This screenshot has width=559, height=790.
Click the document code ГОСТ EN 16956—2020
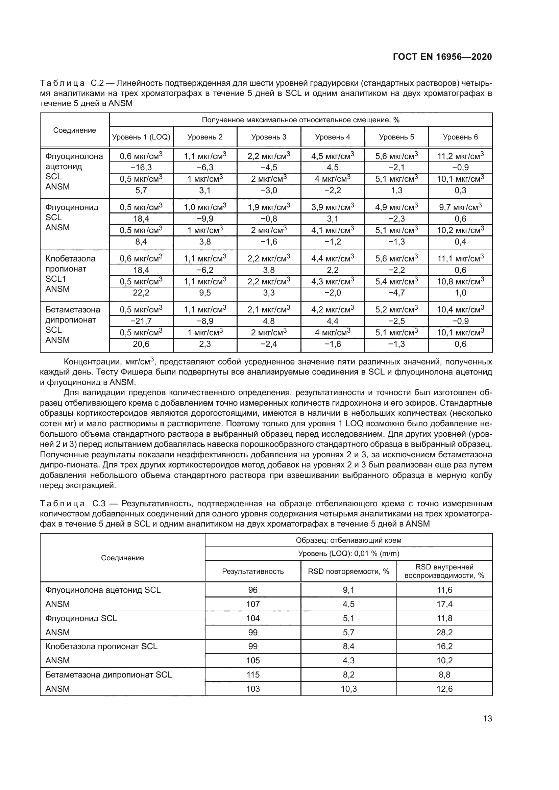(442, 57)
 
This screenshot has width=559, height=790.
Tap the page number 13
(487, 718)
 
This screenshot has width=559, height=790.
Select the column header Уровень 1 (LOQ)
(141, 137)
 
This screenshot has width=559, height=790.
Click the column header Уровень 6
(460, 137)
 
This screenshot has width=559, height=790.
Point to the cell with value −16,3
(141, 168)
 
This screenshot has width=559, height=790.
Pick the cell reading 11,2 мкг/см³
(460, 156)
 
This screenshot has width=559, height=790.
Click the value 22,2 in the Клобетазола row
(141, 293)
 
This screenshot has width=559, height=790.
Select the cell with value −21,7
(141, 321)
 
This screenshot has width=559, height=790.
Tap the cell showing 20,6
(141, 344)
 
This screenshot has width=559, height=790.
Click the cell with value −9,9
(205, 219)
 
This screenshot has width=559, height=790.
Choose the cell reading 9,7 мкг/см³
(460, 207)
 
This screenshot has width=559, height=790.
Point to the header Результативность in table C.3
(253, 571)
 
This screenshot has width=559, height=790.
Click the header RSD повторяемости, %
(348, 571)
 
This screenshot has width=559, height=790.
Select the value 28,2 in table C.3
(444, 632)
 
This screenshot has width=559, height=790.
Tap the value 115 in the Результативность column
(253, 675)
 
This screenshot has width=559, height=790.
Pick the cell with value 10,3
(348, 689)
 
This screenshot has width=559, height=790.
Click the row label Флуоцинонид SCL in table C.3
(81, 618)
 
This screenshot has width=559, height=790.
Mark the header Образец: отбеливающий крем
(348, 540)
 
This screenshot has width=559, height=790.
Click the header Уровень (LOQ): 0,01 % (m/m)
(348, 554)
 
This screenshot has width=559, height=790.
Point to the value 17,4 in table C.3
(444, 604)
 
